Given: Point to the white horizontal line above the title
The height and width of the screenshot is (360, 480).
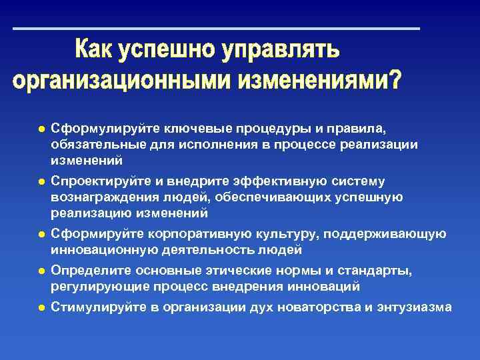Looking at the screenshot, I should [217, 29].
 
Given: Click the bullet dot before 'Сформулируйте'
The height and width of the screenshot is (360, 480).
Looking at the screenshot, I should [41, 128].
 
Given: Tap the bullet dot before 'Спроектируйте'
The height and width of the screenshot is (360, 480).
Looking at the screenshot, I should [41, 181].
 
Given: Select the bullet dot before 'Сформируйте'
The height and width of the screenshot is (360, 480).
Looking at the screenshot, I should [41, 234].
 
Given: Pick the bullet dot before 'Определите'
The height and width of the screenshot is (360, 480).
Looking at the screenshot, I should [41, 271].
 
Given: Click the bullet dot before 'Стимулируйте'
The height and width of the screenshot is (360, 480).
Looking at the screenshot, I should [41, 307].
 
